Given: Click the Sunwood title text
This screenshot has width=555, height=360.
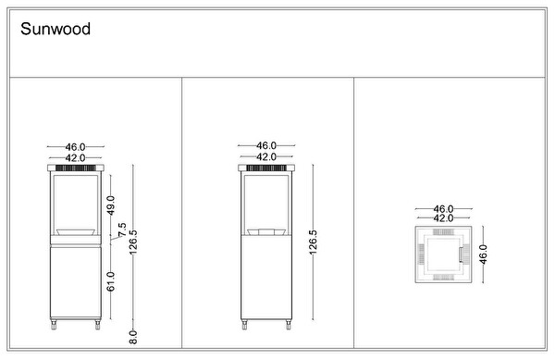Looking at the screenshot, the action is tap(55, 29).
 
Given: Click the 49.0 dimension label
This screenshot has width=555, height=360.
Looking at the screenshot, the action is tap(111, 205).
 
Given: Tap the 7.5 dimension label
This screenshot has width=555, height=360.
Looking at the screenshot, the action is tap(122, 230).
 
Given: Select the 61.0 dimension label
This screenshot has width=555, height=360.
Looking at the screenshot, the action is tap(111, 281).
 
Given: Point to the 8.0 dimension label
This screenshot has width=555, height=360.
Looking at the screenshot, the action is tap(133, 337).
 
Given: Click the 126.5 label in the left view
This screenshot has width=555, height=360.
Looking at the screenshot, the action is tap(133, 242).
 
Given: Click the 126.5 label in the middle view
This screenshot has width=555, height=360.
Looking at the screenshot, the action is tap(314, 242).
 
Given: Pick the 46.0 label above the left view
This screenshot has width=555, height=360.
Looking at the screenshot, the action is tap(76, 146).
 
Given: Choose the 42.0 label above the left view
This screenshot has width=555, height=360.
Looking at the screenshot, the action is tap(76, 157).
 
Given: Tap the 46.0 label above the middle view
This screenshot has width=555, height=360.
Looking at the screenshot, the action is tap(266, 145).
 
